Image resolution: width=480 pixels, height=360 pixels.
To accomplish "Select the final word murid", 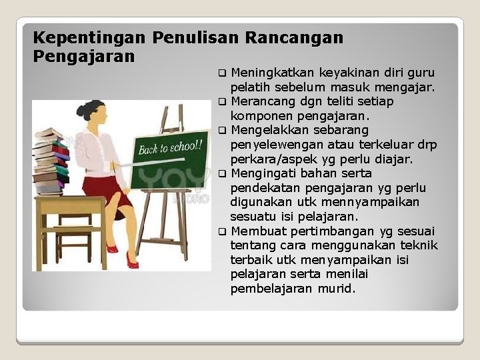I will click(x=337, y=289).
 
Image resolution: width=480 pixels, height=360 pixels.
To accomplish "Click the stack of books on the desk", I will click(x=52, y=160).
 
